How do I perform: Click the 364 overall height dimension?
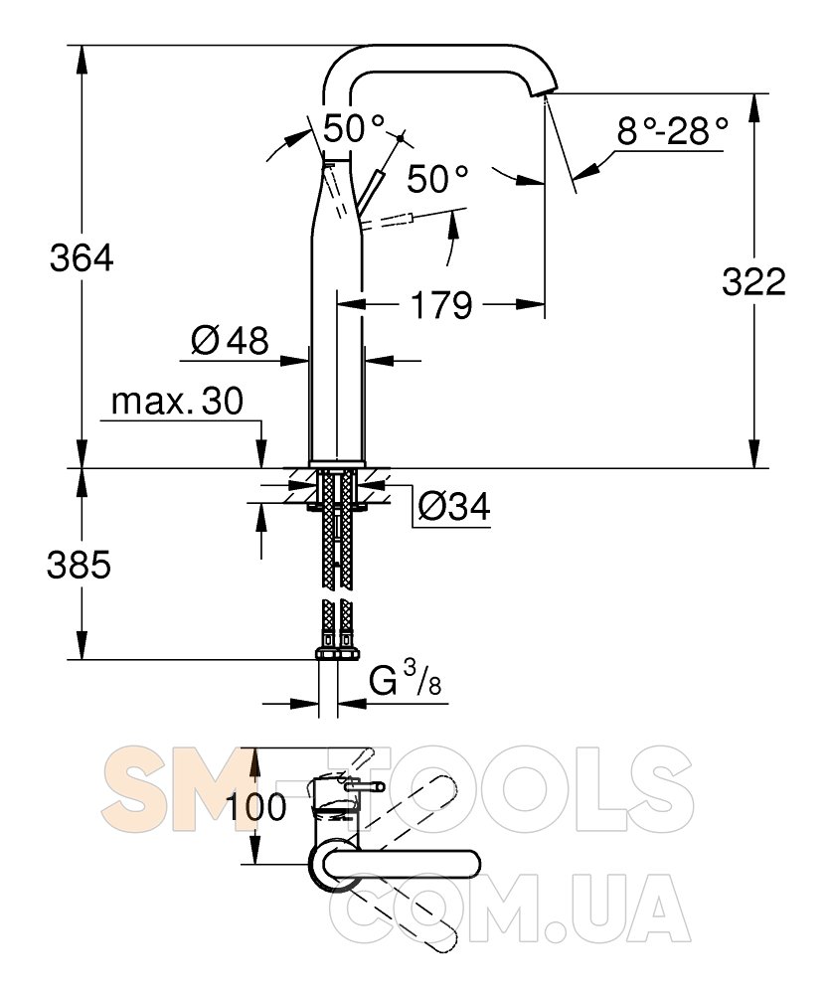82,258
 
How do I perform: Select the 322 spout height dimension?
753,281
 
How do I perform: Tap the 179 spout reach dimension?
441,305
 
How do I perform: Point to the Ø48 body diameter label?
230,340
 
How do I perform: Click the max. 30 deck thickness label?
177,401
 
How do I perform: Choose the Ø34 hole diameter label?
454,507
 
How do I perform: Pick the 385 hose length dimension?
79,565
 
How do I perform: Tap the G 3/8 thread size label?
405,680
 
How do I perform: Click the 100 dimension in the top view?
256,807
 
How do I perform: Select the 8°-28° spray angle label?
673,132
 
